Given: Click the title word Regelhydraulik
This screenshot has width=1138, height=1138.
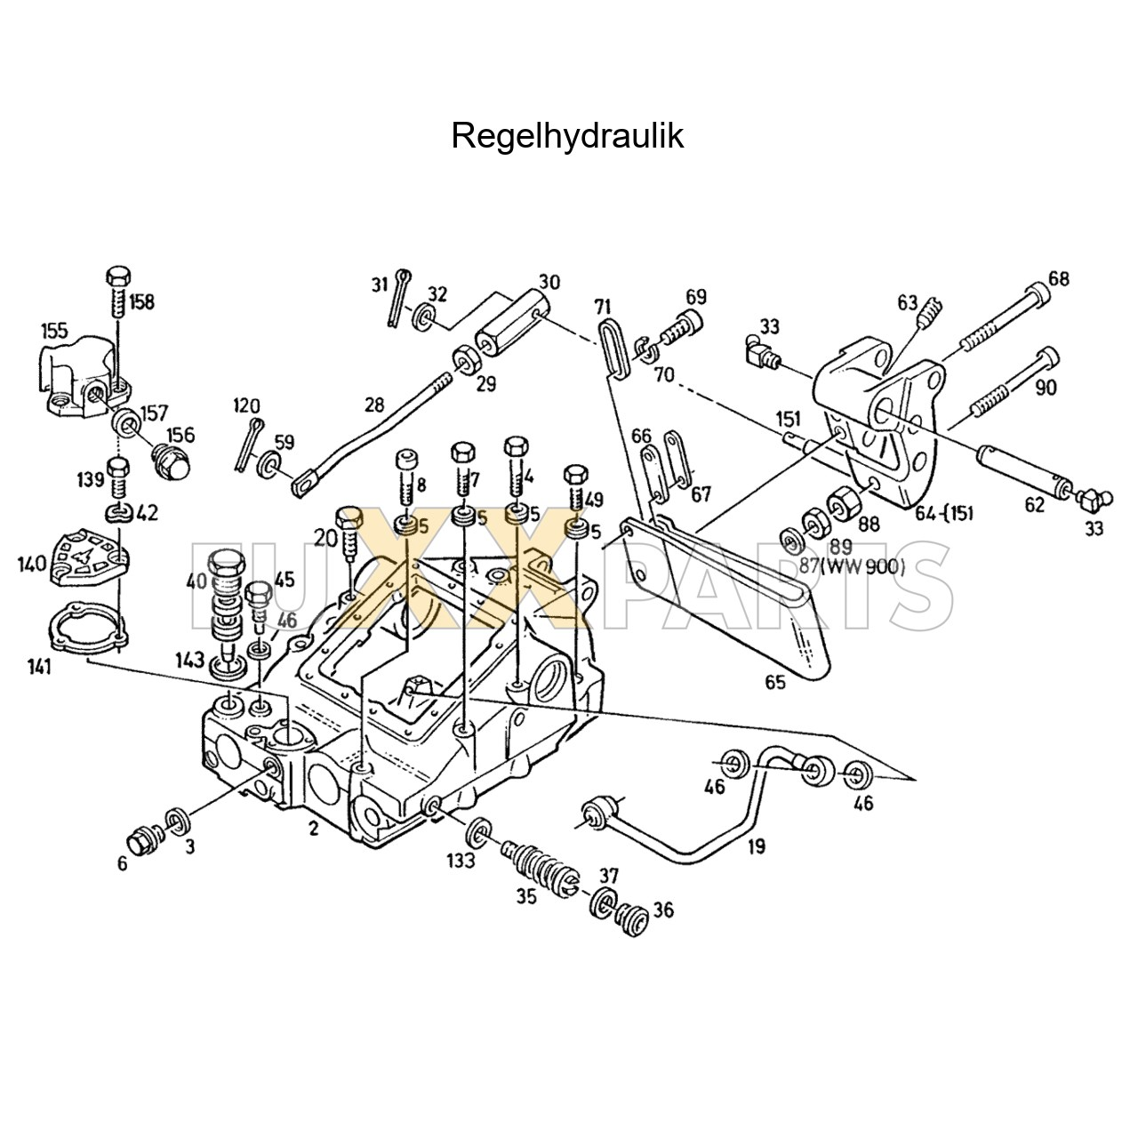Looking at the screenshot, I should click(x=567, y=136).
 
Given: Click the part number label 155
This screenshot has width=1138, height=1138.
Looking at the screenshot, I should click(x=54, y=331).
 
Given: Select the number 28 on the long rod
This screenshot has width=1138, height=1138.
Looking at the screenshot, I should click(x=374, y=405).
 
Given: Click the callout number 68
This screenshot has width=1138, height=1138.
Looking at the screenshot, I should click(x=1058, y=278).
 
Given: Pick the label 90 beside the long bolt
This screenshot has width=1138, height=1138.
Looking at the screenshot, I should click(x=1046, y=388).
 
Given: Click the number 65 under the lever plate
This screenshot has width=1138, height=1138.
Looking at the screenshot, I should click(x=774, y=683).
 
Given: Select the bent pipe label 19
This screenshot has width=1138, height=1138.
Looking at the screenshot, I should click(x=756, y=846).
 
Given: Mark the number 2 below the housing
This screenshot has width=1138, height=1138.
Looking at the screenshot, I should click(x=313, y=829).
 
